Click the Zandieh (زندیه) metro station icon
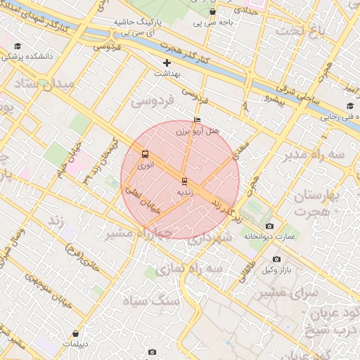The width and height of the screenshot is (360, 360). [184, 181]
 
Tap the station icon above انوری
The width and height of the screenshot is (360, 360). [145, 154]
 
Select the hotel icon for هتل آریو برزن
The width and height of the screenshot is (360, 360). [197, 120]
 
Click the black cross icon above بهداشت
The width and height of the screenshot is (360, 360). [167, 63]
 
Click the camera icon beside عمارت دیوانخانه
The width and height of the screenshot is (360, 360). [270, 226]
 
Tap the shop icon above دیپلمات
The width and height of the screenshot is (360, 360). [75, 333]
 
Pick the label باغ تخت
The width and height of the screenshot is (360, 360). [302, 32]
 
